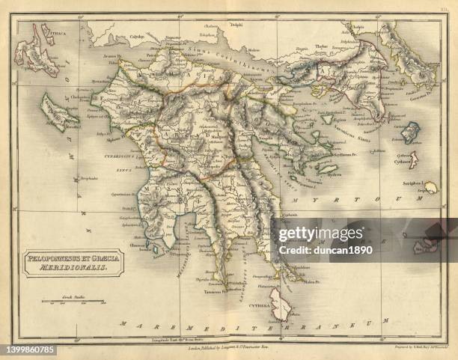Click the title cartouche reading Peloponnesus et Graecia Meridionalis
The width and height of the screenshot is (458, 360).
(x=73, y=262)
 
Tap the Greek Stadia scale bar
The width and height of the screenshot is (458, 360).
(x=73, y=302)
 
